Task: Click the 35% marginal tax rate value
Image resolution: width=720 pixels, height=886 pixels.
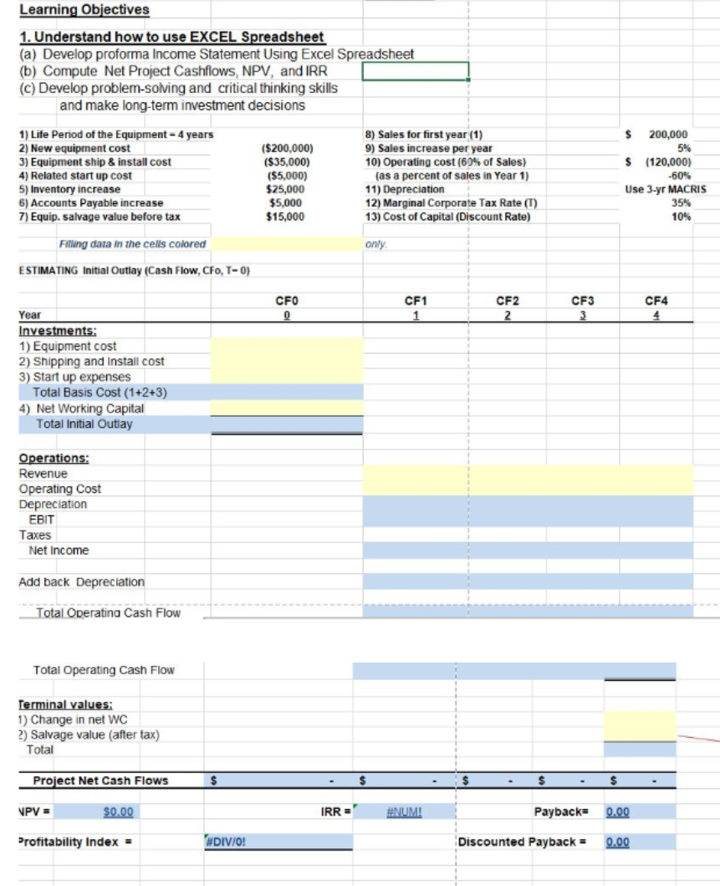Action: tap(681, 202)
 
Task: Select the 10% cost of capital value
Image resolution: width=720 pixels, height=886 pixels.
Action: tap(681, 217)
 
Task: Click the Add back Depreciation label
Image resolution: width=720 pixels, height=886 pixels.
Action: tap(81, 581)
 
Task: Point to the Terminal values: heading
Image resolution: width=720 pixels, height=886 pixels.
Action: tap(64, 704)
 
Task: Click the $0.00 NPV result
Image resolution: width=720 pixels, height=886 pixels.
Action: tap(118, 812)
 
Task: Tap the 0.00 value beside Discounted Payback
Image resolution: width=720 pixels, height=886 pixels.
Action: tap(617, 842)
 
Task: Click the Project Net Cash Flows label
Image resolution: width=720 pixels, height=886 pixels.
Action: tap(100, 781)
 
